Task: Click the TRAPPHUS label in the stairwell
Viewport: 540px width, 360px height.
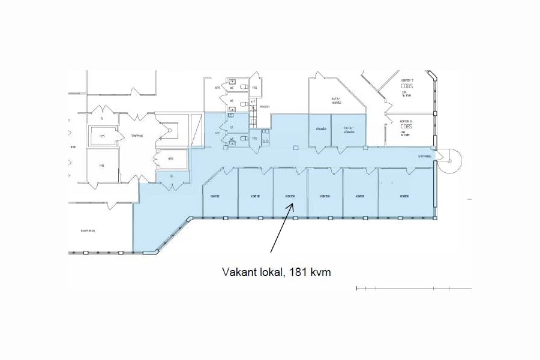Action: (136, 136)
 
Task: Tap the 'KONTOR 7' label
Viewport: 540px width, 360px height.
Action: (407, 80)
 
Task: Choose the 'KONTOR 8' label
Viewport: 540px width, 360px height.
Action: (406, 122)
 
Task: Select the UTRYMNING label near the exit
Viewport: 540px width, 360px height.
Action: (425, 157)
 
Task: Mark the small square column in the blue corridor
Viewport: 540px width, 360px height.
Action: (295, 147)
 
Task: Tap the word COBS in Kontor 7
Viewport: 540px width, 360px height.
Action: (406, 86)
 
